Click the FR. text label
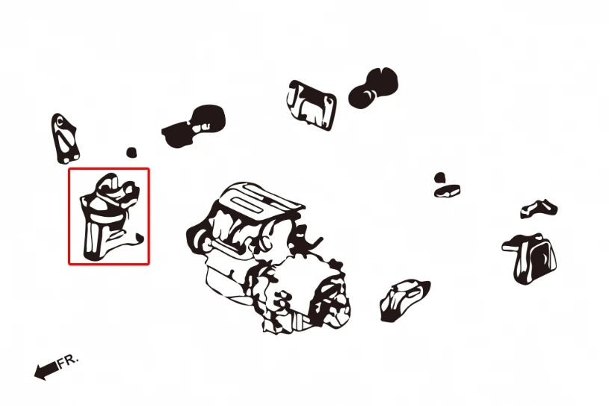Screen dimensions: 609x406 pos(68,361)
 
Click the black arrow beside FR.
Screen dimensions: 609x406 pos(46,370)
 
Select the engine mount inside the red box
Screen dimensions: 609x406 pos(111,217)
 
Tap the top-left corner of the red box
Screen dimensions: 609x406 pos(69,169)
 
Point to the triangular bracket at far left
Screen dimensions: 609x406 pos(65,139)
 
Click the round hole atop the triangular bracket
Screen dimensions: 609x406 pos(59,122)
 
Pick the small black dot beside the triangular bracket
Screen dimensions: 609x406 pos(132,153)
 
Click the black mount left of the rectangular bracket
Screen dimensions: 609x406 pos(194,125)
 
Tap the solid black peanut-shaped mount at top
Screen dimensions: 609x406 pos(374,87)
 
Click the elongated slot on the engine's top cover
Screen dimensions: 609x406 pos(248,205)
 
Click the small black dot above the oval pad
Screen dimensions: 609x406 pos(439,178)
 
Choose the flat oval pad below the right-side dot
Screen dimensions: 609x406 pos(448,191)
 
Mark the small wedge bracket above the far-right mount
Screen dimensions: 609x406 pos(539,209)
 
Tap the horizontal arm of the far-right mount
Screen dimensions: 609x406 pos(512,246)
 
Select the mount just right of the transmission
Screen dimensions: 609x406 pos(404,300)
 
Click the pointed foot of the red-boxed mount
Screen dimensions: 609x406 pos(139,238)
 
